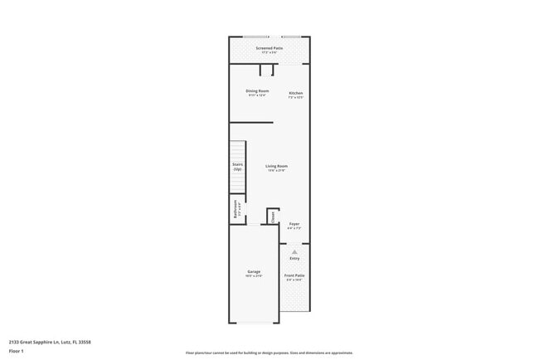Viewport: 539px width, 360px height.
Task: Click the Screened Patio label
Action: pyautogui.click(x=269, y=48)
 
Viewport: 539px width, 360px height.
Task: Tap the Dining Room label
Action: pyautogui.click(x=257, y=90)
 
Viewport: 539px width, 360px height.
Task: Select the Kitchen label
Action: pyautogui.click(x=296, y=93)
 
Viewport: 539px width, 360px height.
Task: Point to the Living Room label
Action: pyautogui.click(x=276, y=167)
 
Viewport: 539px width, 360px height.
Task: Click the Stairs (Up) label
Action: pyautogui.click(x=237, y=167)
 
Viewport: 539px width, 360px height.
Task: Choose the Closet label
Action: pyautogui.click(x=273, y=216)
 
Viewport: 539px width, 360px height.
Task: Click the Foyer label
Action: pyautogui.click(x=294, y=224)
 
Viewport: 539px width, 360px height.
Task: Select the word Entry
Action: pyautogui.click(x=294, y=258)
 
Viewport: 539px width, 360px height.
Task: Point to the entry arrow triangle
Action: pyautogui.click(x=294, y=251)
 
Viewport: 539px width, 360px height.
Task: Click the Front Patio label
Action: pyautogui.click(x=294, y=275)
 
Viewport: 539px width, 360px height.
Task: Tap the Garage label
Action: pyautogui.click(x=254, y=271)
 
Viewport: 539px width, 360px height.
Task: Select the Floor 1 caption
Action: pyautogui.click(x=16, y=351)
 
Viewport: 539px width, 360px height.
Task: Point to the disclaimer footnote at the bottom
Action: pyautogui.click(x=269, y=353)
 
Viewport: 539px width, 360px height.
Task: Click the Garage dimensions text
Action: pyautogui.click(x=254, y=276)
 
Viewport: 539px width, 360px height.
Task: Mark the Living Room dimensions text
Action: pyautogui.click(x=276, y=171)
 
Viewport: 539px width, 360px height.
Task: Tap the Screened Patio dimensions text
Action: pyautogui.click(x=269, y=53)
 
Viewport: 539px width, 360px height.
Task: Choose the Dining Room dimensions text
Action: pyautogui.click(x=257, y=95)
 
